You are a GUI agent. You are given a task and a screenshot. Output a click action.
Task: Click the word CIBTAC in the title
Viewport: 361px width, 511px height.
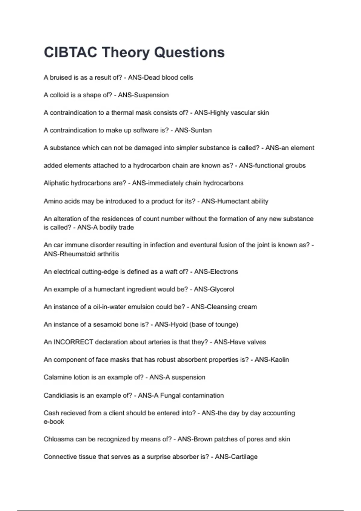(70, 52)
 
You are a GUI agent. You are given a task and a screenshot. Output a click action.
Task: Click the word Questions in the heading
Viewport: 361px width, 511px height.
(189, 52)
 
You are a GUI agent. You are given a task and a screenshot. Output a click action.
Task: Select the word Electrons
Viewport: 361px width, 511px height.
(224, 271)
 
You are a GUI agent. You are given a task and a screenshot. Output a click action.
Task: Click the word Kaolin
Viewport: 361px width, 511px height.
(279, 360)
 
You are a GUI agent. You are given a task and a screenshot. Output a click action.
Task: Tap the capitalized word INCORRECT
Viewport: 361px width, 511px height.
(73, 342)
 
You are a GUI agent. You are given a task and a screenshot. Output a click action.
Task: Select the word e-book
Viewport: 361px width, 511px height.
(54, 421)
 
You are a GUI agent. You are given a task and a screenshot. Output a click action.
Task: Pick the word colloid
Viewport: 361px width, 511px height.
(59, 95)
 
